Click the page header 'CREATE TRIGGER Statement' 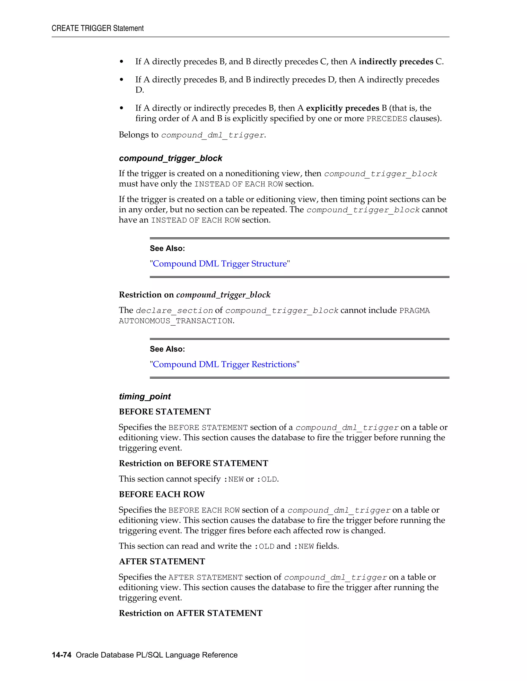98,28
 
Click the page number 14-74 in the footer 62,655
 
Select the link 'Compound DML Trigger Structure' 219,264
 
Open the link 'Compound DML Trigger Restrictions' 224,364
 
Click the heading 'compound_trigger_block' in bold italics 170,158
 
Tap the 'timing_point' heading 145,397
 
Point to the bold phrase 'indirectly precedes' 396,62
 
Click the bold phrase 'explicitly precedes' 342,108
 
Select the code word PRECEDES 387,119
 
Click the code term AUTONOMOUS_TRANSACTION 176,321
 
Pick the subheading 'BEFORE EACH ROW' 162,494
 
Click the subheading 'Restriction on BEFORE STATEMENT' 193,463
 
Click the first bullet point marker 121,62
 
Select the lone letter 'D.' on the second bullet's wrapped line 139,90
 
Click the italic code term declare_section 174,311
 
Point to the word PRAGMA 414,311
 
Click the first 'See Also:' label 167,249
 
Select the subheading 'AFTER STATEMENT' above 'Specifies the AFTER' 162,562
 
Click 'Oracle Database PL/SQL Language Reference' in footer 156,655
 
